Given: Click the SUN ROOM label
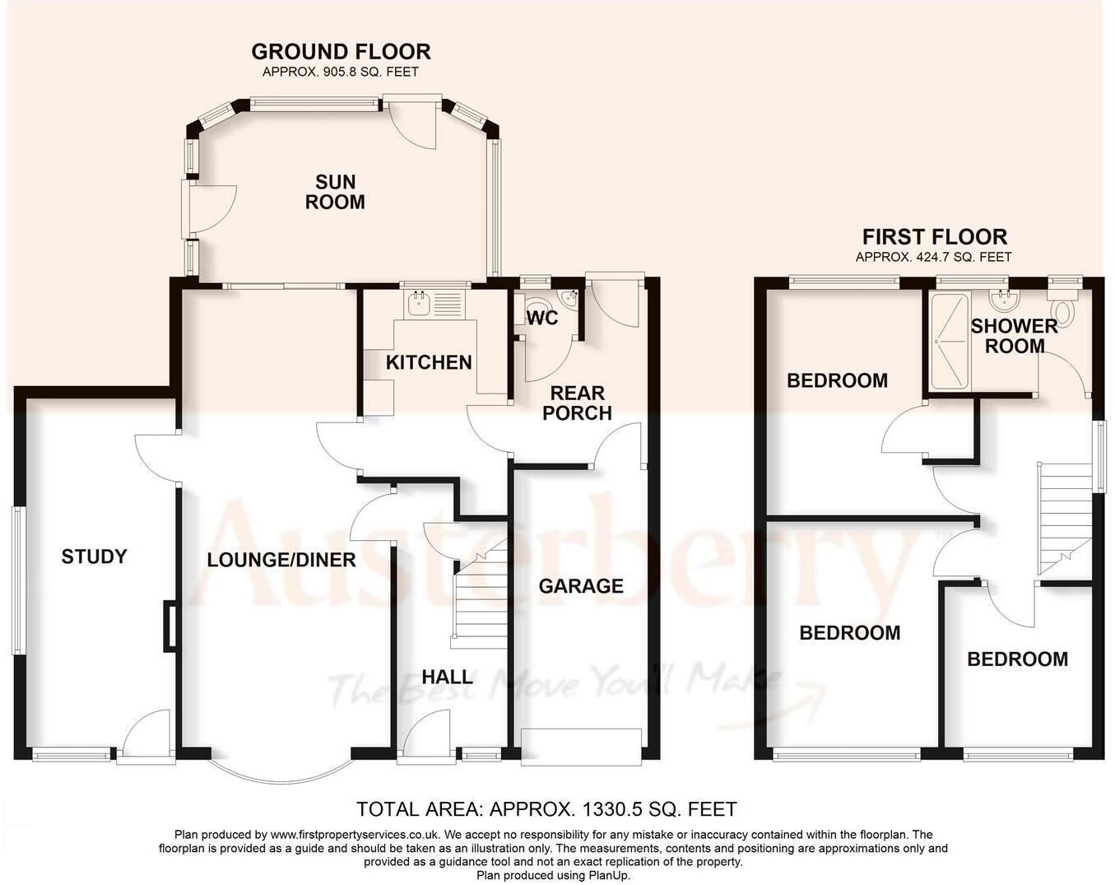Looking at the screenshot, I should click(335, 192).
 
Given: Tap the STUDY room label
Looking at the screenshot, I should click(94, 557).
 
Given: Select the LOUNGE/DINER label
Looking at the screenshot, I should click(281, 561).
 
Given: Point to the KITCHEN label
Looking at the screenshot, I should click(429, 362).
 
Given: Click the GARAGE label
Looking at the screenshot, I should click(581, 586).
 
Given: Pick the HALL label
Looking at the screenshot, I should click(447, 678).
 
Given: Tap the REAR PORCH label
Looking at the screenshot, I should click(577, 403).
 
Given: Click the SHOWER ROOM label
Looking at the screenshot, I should click(1014, 336).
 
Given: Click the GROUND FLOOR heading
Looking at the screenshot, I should click(341, 52).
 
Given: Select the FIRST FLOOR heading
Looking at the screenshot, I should click(934, 237).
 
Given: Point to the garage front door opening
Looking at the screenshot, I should click(581, 746).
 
